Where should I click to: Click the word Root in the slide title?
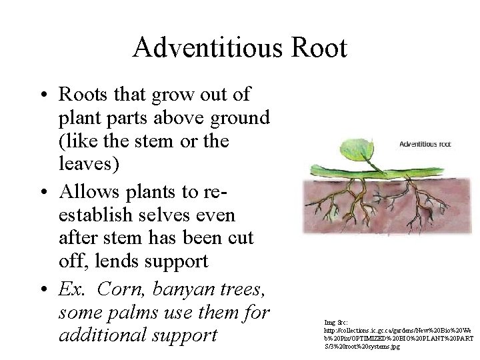pos(323,47)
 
